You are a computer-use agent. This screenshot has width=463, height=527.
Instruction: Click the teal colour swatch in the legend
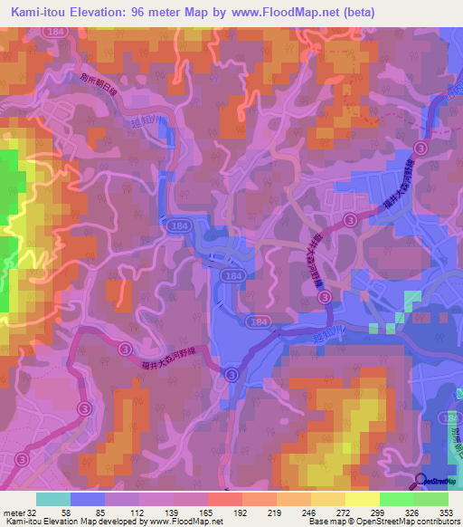coord(53,499)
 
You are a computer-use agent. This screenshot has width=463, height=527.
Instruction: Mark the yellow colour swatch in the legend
coord(362,499)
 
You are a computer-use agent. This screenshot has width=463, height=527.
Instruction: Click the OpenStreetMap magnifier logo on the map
coord(421,481)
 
